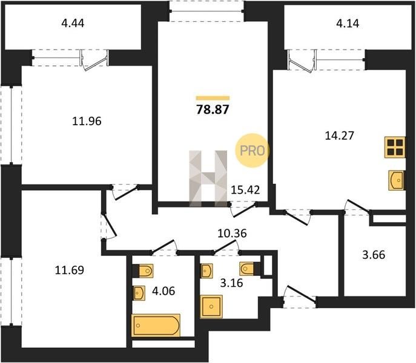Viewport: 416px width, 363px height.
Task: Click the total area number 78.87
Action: click(213, 110)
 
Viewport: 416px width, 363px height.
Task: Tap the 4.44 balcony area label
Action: click(73, 23)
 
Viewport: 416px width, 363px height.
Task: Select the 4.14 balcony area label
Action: click(348, 24)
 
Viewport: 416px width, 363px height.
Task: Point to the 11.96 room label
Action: click(87, 121)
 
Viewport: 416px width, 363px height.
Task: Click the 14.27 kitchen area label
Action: click(340, 136)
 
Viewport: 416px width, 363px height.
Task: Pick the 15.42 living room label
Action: click(245, 190)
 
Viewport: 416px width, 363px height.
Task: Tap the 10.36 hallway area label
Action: click(232, 234)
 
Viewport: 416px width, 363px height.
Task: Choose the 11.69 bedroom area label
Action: click(70, 270)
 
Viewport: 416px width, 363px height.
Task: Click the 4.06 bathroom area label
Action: click(163, 291)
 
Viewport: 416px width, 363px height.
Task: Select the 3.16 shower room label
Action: click(231, 283)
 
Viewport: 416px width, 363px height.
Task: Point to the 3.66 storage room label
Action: click(374, 255)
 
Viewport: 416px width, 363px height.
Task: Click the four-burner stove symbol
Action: click(395, 147)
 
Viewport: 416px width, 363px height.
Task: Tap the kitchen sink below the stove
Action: click(397, 180)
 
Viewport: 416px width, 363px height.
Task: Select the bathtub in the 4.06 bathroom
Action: click(156, 325)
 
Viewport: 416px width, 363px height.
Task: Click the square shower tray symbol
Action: click(211, 307)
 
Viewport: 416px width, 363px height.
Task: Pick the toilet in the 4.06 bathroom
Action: click(144, 270)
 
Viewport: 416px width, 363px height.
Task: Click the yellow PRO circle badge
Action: click(252, 151)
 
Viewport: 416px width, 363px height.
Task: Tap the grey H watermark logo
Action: click(208, 178)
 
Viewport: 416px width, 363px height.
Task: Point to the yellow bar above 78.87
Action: click(213, 98)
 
